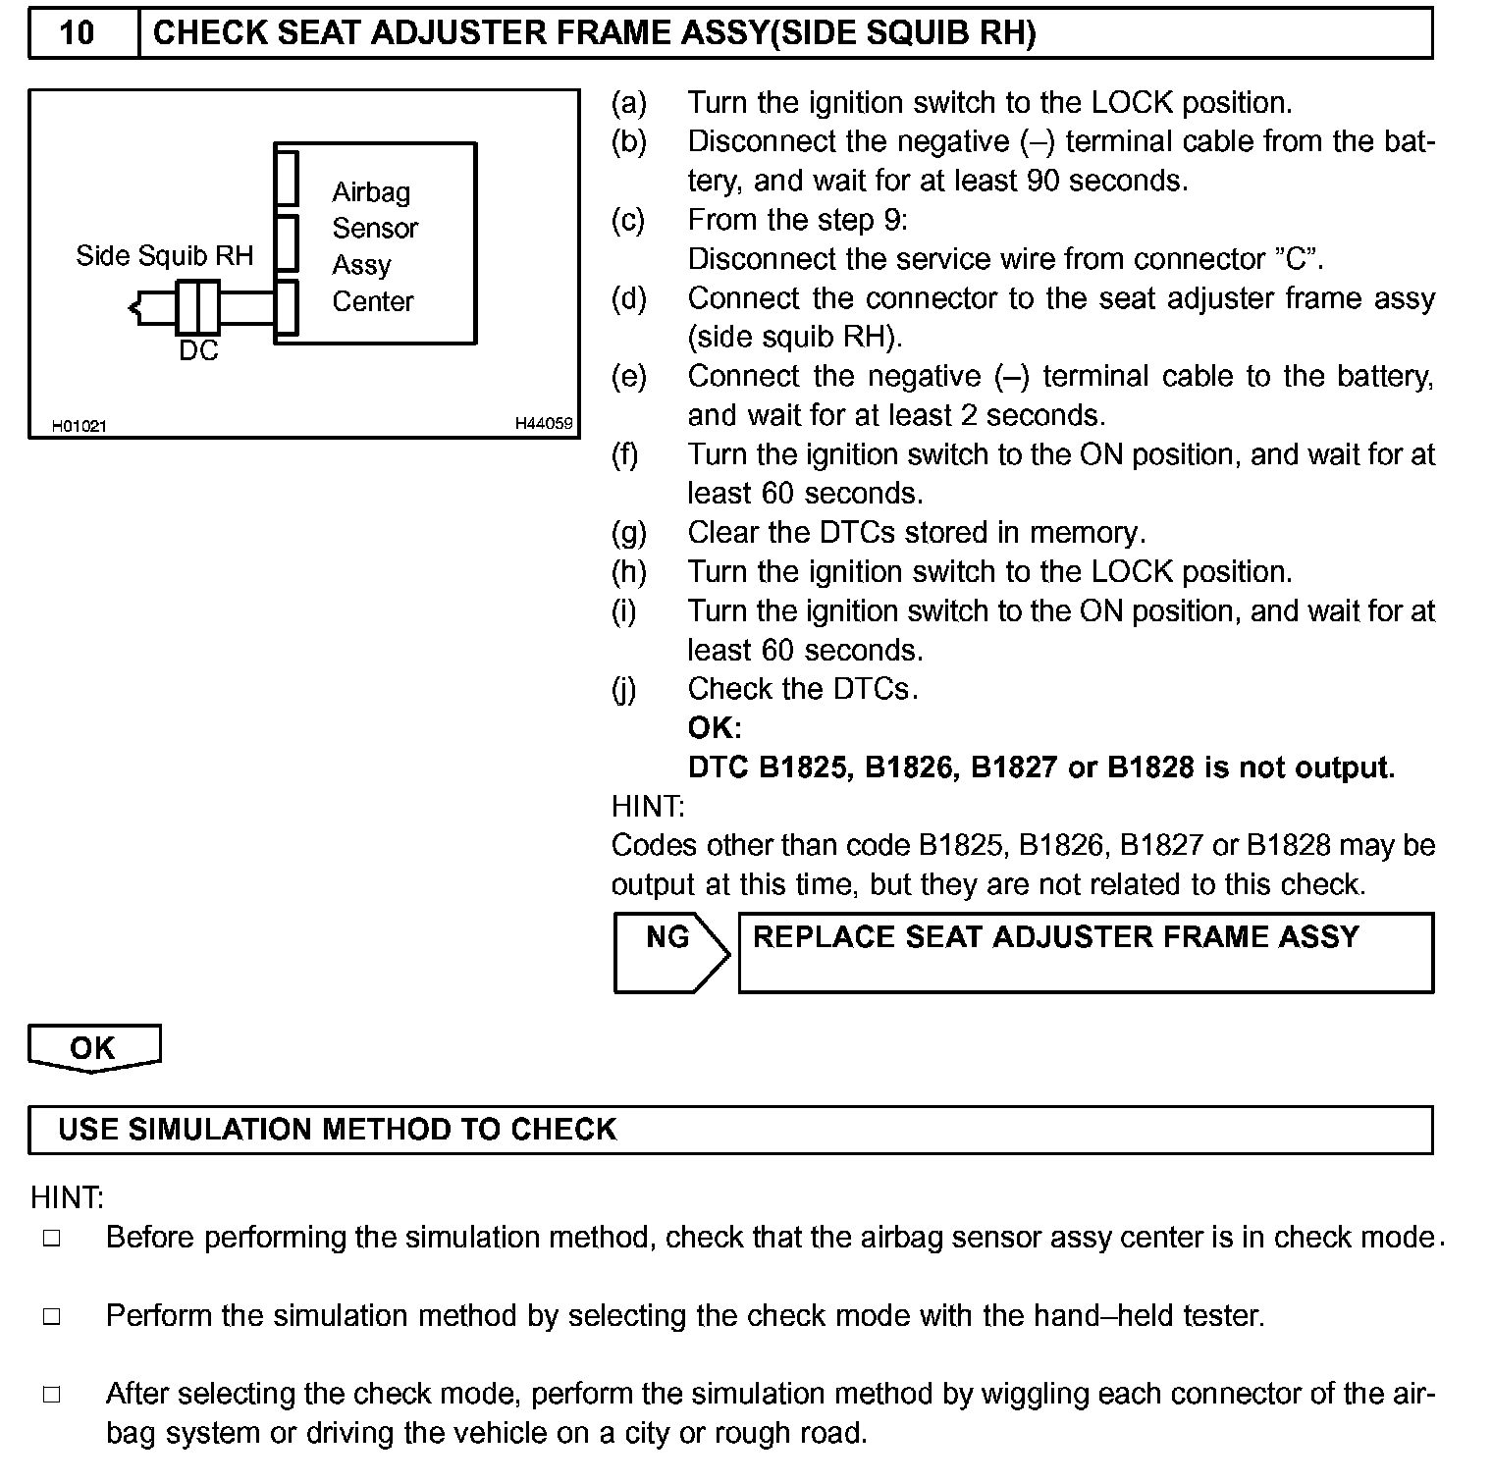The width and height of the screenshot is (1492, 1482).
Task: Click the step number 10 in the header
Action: [77, 33]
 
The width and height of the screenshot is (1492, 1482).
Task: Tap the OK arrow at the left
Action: [93, 1048]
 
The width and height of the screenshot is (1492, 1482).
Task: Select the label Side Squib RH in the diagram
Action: [164, 256]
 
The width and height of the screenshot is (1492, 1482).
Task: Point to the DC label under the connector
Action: [198, 350]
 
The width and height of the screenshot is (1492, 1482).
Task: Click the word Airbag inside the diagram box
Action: [371, 192]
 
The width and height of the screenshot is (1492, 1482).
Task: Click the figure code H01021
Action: [80, 426]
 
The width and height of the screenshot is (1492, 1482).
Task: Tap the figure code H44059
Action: [544, 424]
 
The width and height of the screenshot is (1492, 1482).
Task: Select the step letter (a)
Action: [629, 103]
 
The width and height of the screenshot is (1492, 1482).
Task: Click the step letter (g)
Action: [629, 533]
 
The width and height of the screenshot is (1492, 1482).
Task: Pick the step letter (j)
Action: [624, 690]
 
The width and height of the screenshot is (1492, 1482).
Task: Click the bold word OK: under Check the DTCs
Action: [714, 728]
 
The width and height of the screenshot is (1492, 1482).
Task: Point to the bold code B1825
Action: [803, 767]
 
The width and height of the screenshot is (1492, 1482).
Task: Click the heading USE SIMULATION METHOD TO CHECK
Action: [337, 1130]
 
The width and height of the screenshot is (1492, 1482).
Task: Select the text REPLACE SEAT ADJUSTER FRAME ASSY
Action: [1055, 937]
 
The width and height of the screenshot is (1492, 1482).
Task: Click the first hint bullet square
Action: [52, 1239]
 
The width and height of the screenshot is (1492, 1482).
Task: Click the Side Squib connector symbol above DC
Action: [198, 307]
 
